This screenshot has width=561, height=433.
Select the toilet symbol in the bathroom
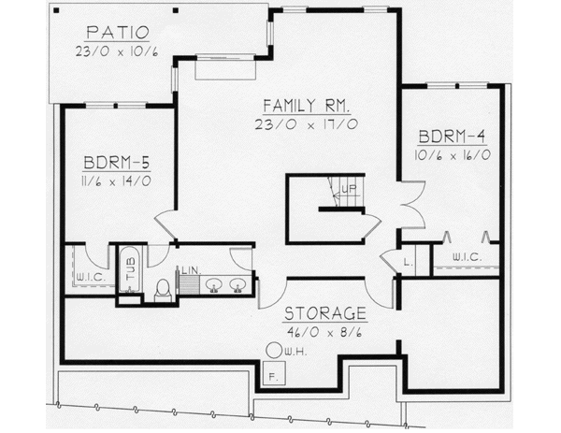pyautogui.click(x=162, y=289)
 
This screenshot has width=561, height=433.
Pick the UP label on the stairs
pyautogui.click(x=350, y=190)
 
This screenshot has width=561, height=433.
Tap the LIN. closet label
pyautogui.click(x=189, y=270)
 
